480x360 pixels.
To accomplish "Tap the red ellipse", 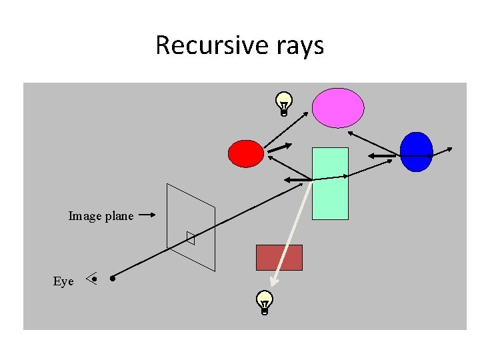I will coord(246,153).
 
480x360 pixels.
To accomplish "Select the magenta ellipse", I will coord(339,108).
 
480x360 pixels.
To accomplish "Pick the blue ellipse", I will coord(417,152).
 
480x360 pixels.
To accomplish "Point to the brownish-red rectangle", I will coord(279,257).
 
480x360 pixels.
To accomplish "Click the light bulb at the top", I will coord(284,104).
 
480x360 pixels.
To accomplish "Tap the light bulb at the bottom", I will coord(265,302).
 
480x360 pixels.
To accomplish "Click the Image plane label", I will coord(101,216).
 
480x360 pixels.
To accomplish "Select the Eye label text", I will coord(63,281).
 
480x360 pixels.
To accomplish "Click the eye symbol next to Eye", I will coord(93,279).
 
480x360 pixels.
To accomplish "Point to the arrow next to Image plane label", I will coord(148,215).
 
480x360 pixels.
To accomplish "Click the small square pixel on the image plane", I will coord(191,238).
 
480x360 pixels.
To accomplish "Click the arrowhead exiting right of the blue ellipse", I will coord(451,149).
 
